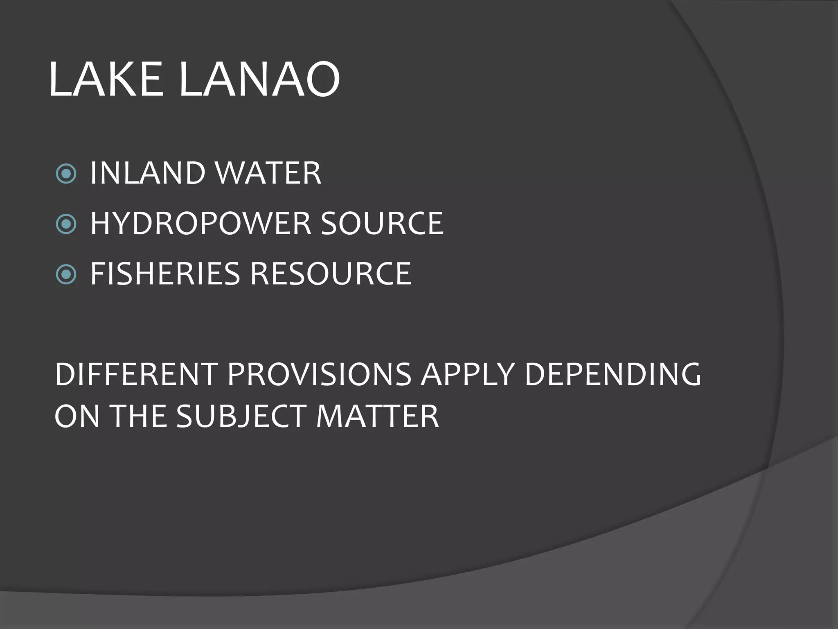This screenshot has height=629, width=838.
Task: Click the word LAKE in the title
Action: [x=106, y=79]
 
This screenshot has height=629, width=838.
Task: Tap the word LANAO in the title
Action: [x=259, y=79]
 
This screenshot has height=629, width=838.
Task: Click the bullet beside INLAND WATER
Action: [x=66, y=174]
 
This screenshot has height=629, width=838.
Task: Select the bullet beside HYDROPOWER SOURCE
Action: [x=66, y=224]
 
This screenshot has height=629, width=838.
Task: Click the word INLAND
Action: [x=147, y=173]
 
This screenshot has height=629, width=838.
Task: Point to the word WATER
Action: [x=268, y=173]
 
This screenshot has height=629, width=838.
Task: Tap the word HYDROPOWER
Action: [x=200, y=224]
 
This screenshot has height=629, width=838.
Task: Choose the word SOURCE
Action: [x=382, y=224]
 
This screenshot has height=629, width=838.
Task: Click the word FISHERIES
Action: [x=164, y=274]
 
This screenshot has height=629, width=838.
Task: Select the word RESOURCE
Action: [x=331, y=274]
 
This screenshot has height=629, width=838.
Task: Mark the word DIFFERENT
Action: [x=136, y=374]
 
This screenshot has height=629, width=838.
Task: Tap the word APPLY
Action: [x=468, y=374]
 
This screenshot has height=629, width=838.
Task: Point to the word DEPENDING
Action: [x=613, y=374]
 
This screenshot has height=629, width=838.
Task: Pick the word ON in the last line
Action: [x=77, y=416]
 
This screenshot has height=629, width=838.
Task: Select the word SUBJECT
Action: [x=241, y=416]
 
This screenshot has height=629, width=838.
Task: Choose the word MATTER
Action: [x=377, y=416]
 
